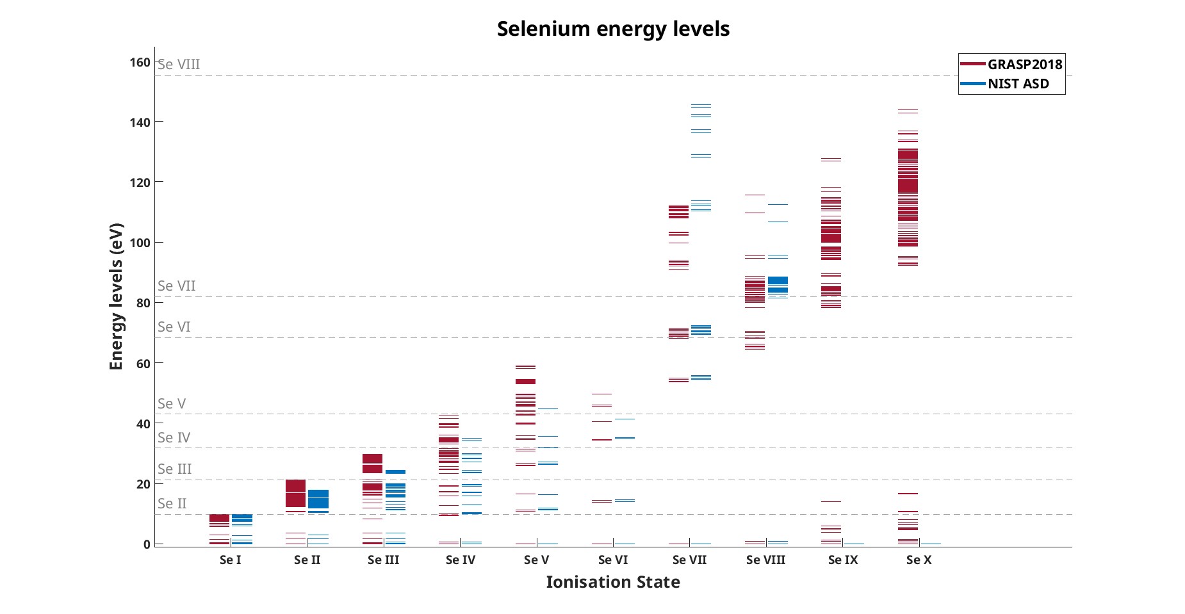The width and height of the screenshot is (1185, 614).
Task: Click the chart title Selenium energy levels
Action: point(613,29)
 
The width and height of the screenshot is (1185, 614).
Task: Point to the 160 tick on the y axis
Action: point(140,62)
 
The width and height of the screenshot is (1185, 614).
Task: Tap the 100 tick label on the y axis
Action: point(140,243)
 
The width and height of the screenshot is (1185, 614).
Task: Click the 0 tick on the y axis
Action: point(147,544)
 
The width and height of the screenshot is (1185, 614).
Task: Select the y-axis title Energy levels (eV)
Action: point(116,296)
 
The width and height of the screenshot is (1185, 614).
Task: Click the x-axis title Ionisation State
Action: point(613,582)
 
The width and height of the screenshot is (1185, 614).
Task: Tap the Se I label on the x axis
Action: point(231,560)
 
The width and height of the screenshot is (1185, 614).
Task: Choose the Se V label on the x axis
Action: point(537,560)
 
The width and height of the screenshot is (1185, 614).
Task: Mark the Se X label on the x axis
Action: point(919,560)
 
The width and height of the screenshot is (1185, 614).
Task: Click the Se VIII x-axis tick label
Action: point(766,560)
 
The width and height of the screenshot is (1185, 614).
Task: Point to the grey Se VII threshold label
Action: point(177,286)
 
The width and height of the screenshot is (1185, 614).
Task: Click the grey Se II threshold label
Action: point(172,504)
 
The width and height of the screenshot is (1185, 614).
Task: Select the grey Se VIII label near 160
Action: point(179,65)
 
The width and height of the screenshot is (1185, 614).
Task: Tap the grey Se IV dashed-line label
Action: point(174,438)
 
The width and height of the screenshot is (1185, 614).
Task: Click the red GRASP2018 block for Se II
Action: point(295,493)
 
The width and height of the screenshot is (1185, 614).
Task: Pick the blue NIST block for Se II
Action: point(318,499)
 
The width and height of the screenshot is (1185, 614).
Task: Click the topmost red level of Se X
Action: point(908,110)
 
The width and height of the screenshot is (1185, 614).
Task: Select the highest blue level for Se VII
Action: point(701,105)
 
